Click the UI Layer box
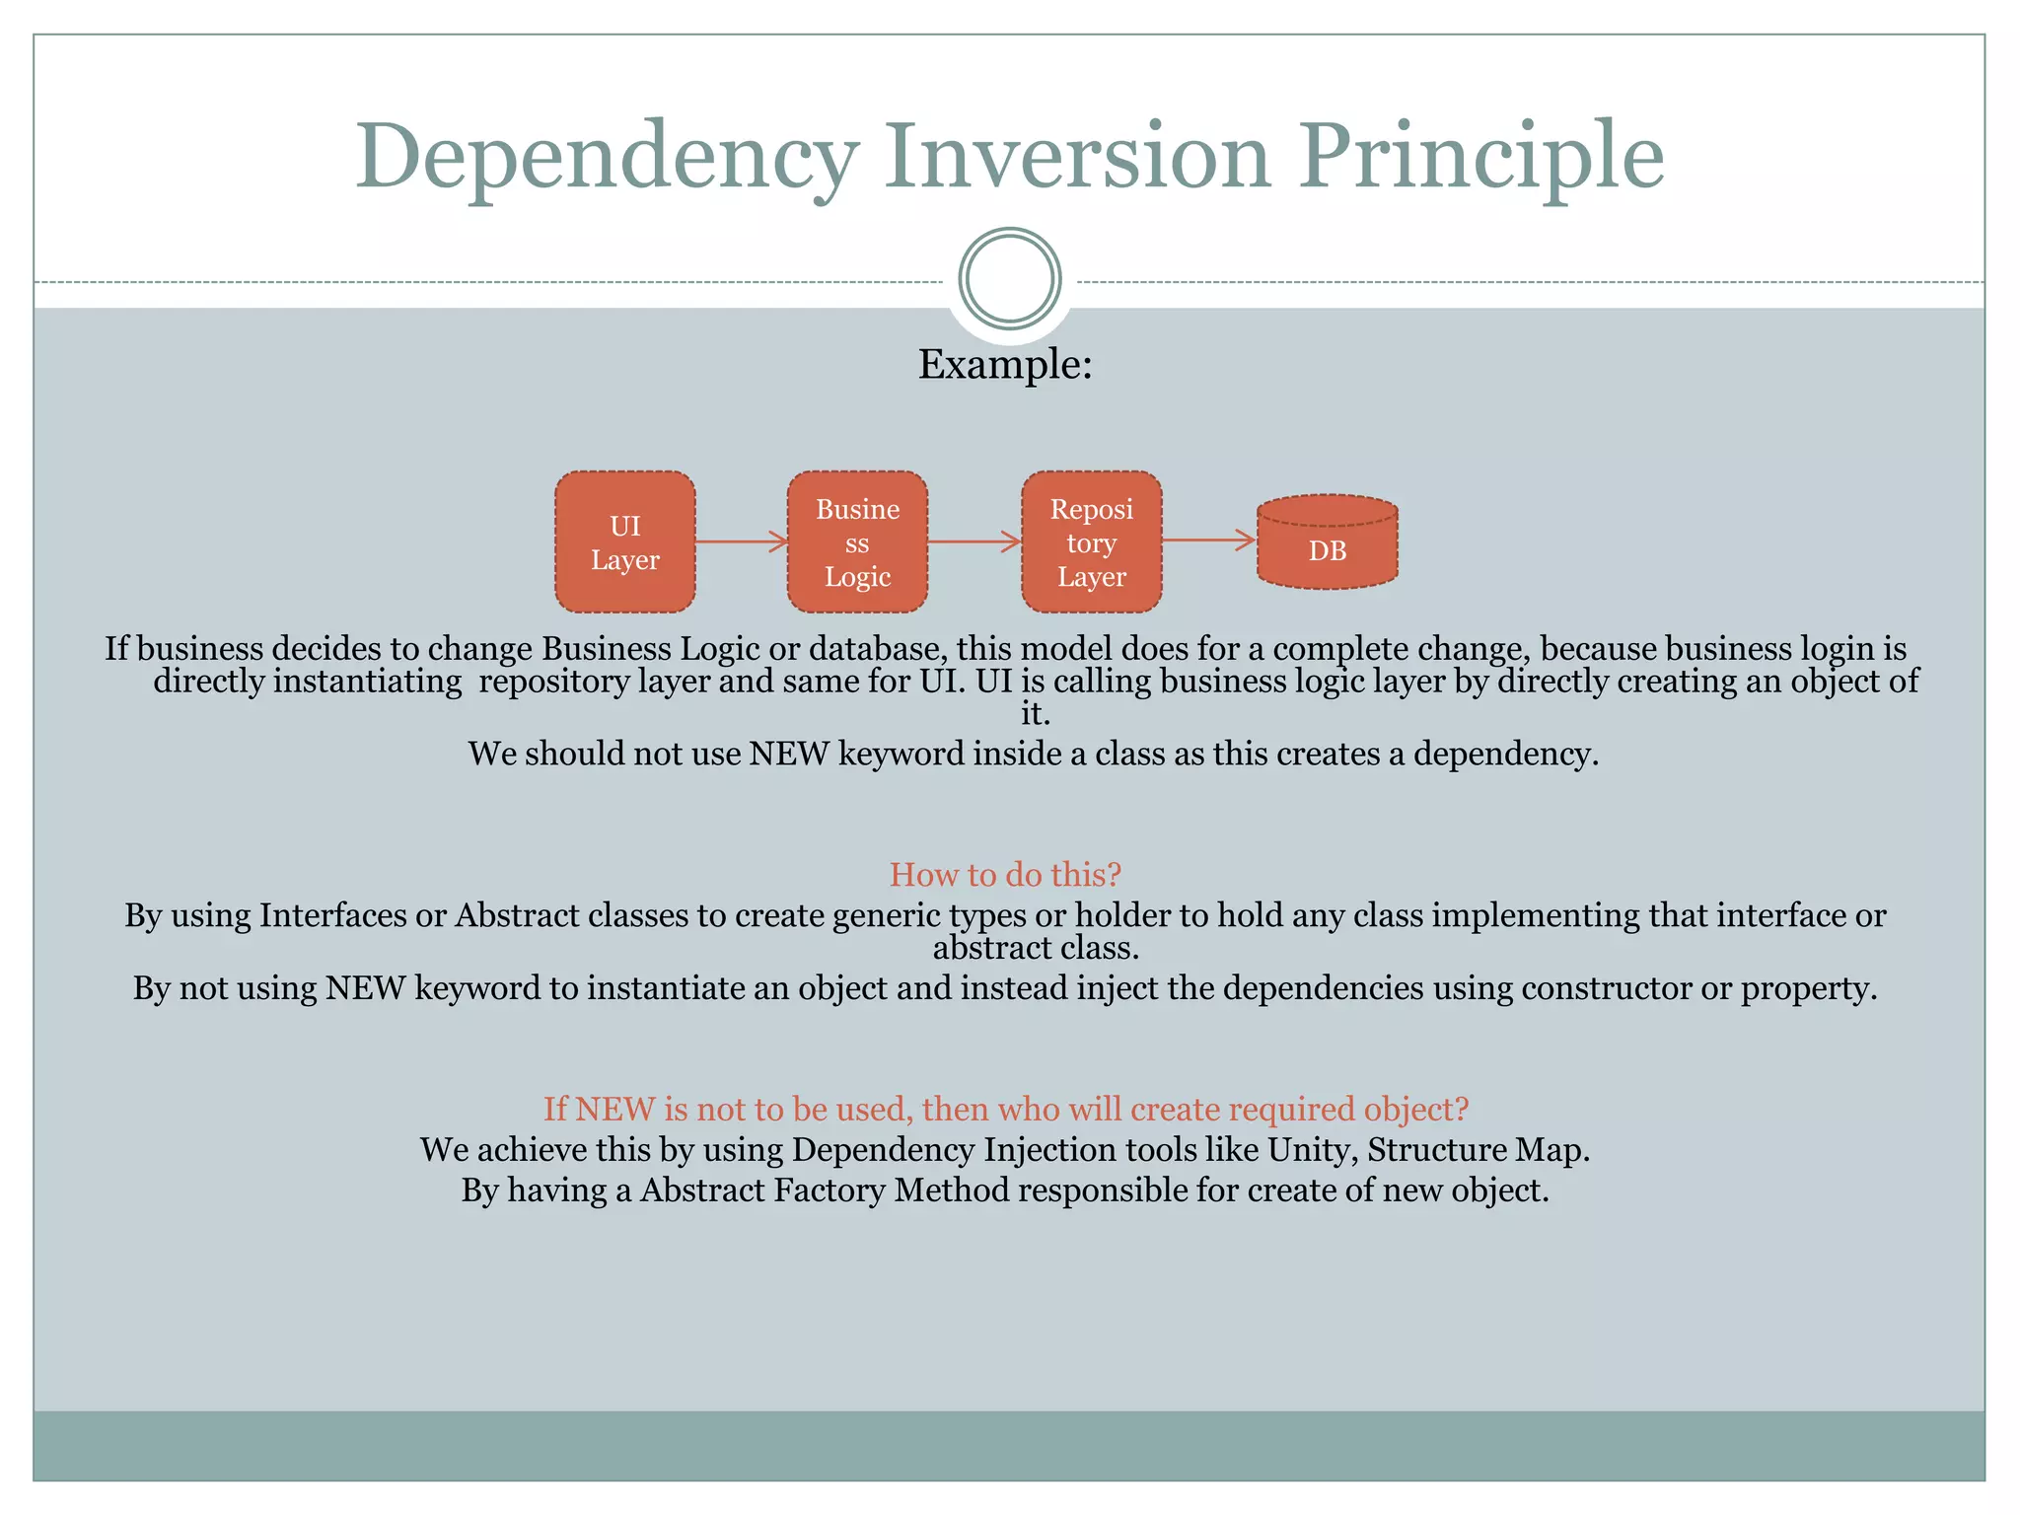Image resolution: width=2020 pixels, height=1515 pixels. click(624, 541)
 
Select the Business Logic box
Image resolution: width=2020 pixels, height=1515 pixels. click(857, 541)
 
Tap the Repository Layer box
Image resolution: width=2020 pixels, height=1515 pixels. click(1091, 541)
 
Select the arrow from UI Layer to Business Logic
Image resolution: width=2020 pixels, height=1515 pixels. click(741, 541)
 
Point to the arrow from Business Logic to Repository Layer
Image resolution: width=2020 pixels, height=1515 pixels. click(974, 541)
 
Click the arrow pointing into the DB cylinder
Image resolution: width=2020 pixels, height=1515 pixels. click(1207, 540)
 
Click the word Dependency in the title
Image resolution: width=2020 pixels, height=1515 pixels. click(607, 158)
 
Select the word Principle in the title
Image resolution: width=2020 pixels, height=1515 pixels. click(1480, 158)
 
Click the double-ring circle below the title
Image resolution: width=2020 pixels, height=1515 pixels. click(1009, 278)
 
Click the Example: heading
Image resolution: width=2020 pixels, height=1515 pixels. click(1005, 364)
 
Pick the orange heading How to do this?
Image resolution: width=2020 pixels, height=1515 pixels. click(1005, 874)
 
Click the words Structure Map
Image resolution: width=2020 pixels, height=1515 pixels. click(1478, 1150)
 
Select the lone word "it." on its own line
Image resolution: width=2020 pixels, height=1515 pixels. click(1035, 713)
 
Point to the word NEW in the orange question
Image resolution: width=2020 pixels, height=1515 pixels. click(614, 1110)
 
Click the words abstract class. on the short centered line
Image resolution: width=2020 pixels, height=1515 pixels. click(1036, 948)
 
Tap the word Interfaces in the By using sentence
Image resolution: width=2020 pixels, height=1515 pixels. click(333, 915)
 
